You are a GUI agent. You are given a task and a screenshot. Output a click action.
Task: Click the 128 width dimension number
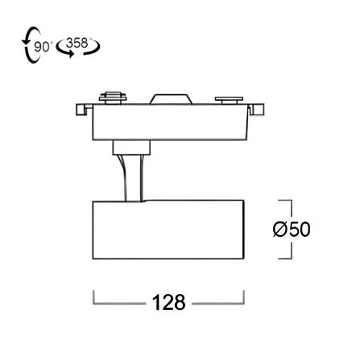point(168,303)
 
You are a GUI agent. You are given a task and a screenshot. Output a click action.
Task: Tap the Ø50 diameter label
point(292,230)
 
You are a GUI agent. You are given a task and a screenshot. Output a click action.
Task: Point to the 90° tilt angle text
point(42,47)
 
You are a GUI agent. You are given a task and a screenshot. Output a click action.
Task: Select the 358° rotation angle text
point(77,43)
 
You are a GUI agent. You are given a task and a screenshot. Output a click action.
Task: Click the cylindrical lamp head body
point(168,230)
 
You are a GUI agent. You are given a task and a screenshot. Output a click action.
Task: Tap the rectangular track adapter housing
point(170,122)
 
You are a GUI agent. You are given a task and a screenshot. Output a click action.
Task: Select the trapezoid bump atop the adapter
point(171,99)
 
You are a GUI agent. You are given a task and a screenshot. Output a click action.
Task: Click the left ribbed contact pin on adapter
point(113,97)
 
